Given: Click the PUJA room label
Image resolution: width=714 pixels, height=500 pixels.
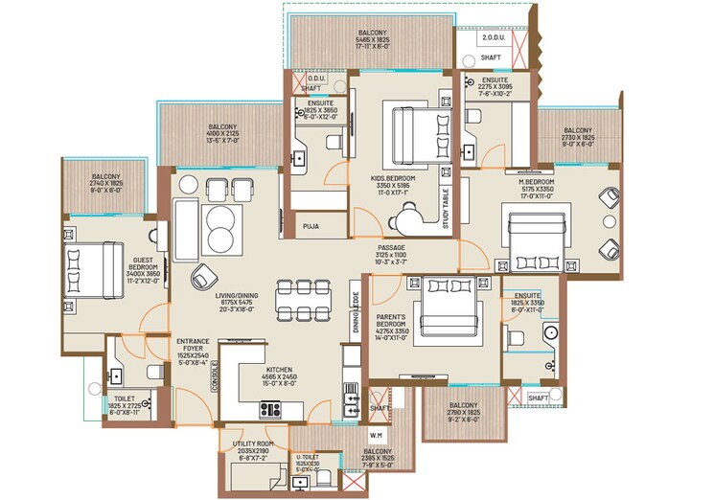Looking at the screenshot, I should [311, 227].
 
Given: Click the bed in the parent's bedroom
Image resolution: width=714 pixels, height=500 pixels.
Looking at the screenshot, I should [447, 304].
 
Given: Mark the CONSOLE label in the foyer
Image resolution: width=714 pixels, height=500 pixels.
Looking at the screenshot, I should [216, 376].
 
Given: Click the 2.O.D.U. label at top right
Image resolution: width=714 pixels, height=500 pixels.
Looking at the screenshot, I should [498, 39].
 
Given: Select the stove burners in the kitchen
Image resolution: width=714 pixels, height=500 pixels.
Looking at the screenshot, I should [269, 410].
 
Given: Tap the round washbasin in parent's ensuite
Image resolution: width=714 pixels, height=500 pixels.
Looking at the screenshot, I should [550, 333].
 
